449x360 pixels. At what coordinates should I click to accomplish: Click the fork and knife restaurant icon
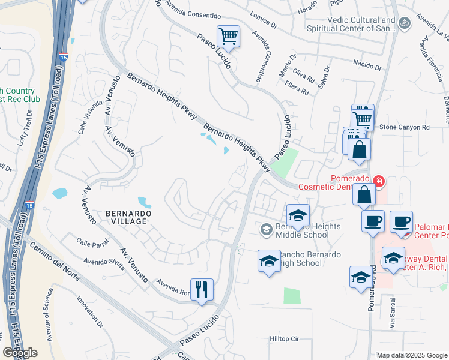click(x=202, y=290)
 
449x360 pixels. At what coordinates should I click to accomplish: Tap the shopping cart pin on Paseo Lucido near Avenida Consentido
click(x=228, y=37)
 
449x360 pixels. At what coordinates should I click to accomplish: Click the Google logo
click(x=20, y=353)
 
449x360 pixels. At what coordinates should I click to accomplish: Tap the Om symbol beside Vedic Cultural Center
click(x=405, y=23)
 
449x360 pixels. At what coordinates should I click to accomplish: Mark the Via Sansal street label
click(x=393, y=314)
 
